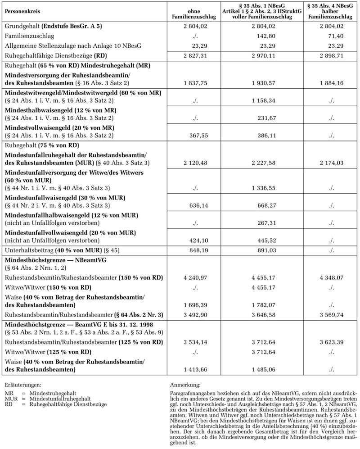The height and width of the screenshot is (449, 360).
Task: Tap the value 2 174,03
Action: tap(329, 162)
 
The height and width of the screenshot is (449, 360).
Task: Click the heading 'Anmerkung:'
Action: tap(185, 386)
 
